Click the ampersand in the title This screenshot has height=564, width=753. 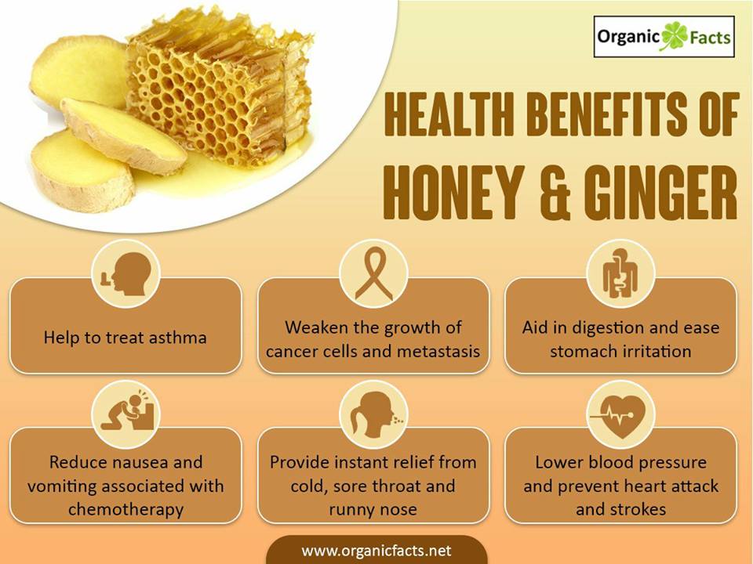coord(554,193)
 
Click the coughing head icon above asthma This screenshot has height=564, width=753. coord(125,274)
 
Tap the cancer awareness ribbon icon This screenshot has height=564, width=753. coord(373,274)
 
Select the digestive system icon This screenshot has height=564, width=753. coord(620,273)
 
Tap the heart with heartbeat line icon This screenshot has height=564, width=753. coord(620,415)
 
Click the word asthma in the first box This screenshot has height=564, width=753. coord(178,337)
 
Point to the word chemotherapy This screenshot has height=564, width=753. coord(125,509)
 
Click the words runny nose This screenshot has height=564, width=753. coord(373,509)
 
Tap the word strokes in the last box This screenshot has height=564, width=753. coord(642,509)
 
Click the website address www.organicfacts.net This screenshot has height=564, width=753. coord(376,550)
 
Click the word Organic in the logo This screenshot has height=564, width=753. coord(628,37)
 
